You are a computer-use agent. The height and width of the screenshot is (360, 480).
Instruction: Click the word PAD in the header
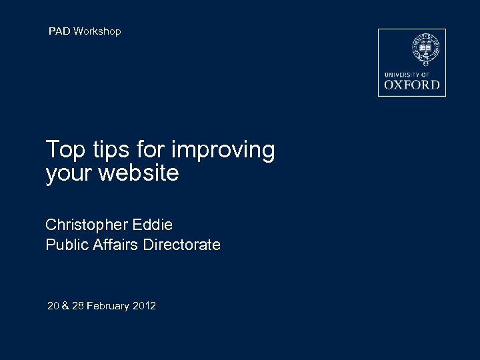[x=59, y=31]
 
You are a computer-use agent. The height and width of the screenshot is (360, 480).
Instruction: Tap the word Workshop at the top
[x=97, y=31]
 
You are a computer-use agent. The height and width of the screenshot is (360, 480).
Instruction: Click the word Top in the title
[x=65, y=150]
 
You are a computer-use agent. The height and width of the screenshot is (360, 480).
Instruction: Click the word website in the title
[x=139, y=173]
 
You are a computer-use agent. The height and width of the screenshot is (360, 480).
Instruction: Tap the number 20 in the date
[x=53, y=306]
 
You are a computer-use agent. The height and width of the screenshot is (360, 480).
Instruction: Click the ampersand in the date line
[x=66, y=306]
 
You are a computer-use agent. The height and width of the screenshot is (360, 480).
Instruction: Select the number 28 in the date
[x=78, y=306]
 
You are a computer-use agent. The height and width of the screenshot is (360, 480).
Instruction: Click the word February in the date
[x=108, y=306]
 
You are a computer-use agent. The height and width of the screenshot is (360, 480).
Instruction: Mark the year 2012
[x=145, y=306]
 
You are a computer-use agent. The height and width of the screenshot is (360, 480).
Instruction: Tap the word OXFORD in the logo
[x=412, y=85]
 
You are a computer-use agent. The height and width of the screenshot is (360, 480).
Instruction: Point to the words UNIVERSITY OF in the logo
[x=407, y=74]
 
